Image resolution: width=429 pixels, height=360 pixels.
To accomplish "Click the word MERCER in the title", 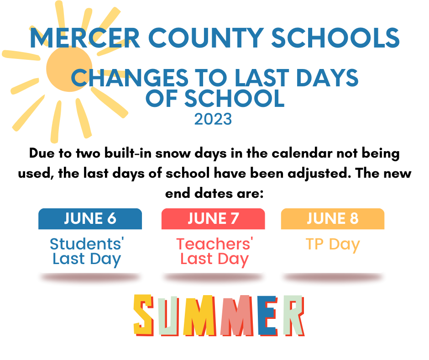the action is tap(85, 38).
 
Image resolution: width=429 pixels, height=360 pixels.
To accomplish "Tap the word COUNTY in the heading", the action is tap(206, 38).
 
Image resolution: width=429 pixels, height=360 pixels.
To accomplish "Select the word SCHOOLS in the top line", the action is tap(335, 38).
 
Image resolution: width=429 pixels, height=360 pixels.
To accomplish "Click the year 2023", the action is tap(213, 119).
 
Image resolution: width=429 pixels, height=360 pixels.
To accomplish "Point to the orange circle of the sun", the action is tap(69, 69).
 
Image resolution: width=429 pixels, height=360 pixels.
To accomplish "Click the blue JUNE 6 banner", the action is tap(90, 219).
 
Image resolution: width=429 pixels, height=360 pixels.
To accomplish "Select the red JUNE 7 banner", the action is tap(213, 219).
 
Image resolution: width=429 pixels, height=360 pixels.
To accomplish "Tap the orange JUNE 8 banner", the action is tap(333, 219).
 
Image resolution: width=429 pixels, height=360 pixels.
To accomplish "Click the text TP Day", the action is tap(333, 244).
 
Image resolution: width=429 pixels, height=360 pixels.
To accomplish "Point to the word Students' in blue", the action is tap(87, 244).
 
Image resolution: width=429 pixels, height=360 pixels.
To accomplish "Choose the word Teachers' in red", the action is tap(214, 244).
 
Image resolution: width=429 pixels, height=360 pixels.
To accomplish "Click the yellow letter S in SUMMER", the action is tap(143, 315).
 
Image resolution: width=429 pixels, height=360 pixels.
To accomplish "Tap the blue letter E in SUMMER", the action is tap(268, 316).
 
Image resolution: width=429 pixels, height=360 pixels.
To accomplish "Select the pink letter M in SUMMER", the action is tap(237, 316).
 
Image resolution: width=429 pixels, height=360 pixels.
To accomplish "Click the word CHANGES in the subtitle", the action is tap(130, 78).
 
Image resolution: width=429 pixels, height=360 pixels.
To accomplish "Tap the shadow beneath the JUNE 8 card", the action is tap(333, 277).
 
